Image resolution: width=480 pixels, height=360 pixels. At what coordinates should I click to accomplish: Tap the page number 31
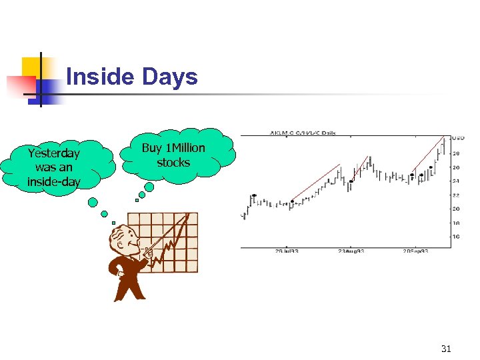[x=446, y=349]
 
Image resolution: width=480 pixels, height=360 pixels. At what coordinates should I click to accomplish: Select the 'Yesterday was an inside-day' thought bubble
[x=54, y=167]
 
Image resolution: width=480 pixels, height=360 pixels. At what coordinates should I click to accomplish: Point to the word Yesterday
[x=54, y=153]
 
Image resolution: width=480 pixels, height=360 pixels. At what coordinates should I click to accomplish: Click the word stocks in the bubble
[x=173, y=163]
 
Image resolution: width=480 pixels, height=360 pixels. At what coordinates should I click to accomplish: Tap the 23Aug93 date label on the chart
[x=351, y=252]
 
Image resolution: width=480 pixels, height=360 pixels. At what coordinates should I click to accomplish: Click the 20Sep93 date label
[x=415, y=252]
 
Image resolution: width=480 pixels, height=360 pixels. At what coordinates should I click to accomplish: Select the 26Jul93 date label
[x=287, y=252]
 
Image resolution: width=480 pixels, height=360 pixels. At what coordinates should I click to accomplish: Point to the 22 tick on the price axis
[x=457, y=195]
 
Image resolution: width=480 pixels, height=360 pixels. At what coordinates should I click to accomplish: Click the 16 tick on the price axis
[x=457, y=237]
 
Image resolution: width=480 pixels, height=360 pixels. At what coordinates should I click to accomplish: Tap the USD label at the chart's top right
[x=458, y=138]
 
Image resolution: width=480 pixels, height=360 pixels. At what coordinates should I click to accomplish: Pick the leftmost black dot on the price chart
[x=254, y=196]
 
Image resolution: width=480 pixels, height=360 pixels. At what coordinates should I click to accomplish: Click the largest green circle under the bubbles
[x=149, y=188]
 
